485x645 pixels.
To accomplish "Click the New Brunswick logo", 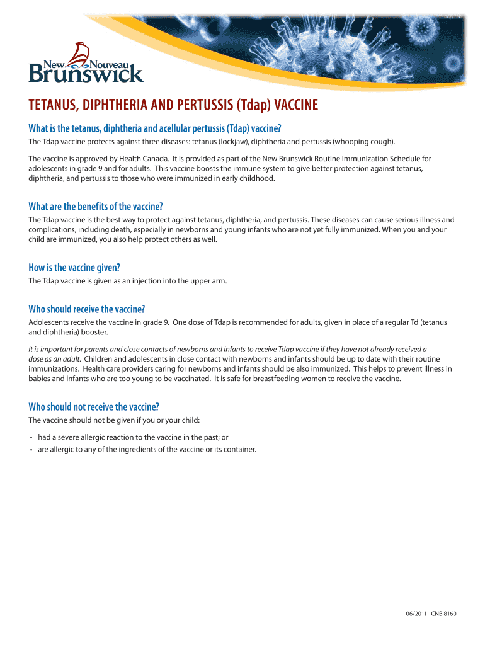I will [86, 64].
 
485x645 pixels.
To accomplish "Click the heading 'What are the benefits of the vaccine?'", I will [100, 207].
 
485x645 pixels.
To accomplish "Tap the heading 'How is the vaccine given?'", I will [74, 268].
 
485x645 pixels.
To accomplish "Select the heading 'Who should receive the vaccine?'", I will [87, 309].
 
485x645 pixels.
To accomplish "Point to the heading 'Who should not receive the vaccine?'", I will [94, 406].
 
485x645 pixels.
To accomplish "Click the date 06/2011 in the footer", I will [416, 613].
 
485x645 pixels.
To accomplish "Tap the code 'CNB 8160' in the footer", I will [444, 613].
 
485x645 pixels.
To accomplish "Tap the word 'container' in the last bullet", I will [241, 449].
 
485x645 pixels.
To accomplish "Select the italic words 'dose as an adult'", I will [55, 358].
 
